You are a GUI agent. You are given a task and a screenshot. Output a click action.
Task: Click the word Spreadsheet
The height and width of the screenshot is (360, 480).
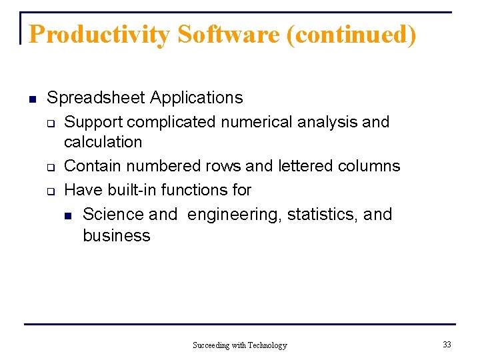pyautogui.click(x=96, y=98)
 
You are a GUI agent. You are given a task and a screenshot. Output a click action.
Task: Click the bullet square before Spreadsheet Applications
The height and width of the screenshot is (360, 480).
pyautogui.click(x=31, y=99)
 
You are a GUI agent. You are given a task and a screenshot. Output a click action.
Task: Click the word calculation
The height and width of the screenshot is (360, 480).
pyautogui.click(x=103, y=142)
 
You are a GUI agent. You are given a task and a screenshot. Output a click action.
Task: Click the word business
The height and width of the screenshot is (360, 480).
pyautogui.click(x=117, y=235)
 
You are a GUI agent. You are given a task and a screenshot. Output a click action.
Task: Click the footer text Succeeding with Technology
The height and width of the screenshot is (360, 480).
pyautogui.click(x=239, y=345)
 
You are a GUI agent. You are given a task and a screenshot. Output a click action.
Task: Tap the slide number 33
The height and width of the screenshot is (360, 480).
pyautogui.click(x=447, y=345)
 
